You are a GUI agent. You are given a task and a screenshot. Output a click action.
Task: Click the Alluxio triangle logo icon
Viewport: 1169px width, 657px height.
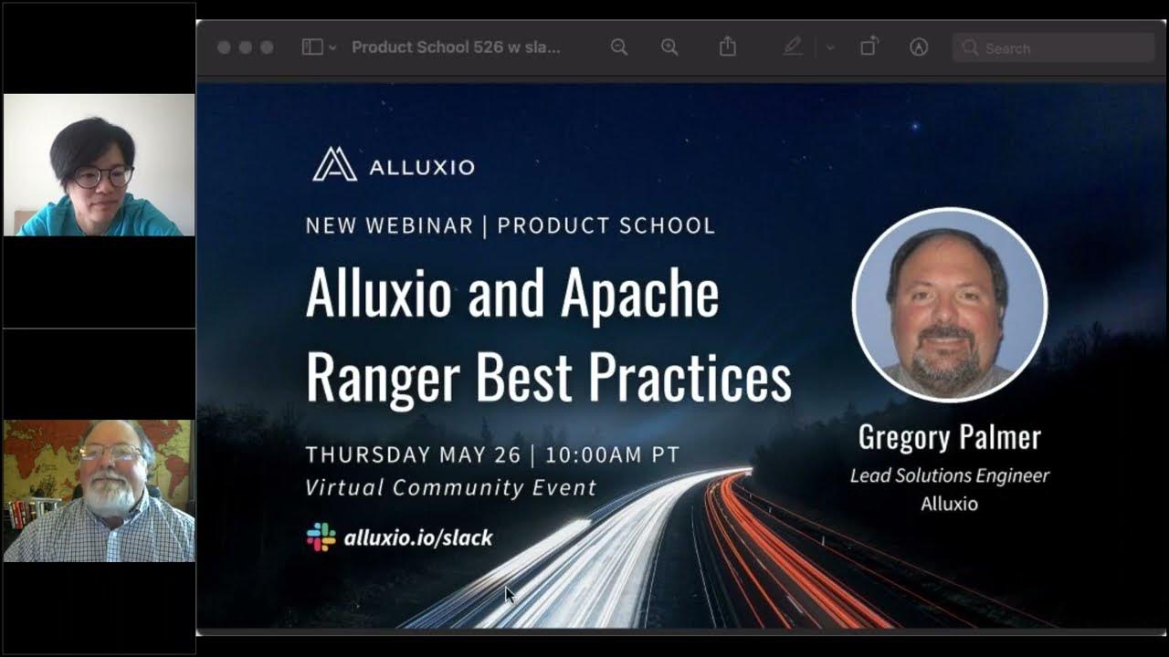tap(334, 164)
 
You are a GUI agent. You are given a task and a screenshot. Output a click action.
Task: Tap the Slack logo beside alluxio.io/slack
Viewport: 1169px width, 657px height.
tap(321, 537)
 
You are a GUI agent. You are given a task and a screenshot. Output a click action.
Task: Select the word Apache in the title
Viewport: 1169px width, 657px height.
tap(639, 293)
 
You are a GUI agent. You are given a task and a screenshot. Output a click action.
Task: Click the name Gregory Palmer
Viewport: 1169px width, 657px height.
tap(949, 437)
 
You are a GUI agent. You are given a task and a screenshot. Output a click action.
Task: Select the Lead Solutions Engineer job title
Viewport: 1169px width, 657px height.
tap(949, 475)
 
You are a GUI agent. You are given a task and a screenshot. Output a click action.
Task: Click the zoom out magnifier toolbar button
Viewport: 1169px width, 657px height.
tap(619, 47)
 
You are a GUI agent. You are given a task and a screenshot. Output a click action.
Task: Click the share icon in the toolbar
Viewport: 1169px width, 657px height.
tap(727, 47)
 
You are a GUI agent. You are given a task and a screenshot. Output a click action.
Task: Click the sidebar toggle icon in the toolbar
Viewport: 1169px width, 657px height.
tap(312, 47)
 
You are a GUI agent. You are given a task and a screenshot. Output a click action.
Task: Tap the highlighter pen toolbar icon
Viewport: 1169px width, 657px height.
tap(793, 47)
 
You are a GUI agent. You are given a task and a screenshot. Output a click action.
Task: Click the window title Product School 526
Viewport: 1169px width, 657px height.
tap(456, 47)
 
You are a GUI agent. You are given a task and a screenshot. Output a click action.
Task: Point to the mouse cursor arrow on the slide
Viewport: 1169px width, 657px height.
tap(509, 594)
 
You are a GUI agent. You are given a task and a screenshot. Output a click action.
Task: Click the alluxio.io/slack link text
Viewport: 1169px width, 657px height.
tap(418, 537)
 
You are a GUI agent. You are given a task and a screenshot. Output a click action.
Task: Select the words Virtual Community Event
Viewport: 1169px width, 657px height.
tap(450, 487)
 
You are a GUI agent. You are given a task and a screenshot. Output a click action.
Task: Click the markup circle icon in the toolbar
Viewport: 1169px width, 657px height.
tap(919, 47)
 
